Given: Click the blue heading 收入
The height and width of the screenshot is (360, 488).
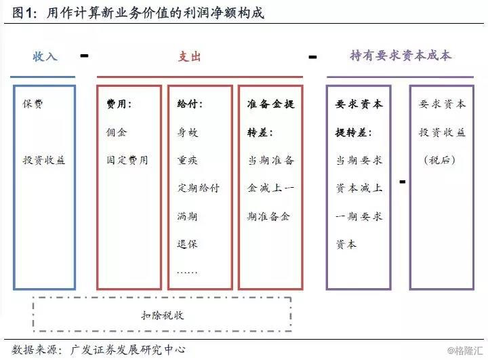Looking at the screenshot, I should point(45,56).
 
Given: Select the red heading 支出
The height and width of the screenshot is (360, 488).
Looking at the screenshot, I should point(190,56).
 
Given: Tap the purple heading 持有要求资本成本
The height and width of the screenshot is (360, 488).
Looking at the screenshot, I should point(401,56).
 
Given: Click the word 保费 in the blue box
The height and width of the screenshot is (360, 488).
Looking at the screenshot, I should point(34,104).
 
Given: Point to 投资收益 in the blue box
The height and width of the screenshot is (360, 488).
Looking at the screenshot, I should point(44,160).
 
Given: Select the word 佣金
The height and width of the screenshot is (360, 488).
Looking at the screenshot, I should point(116,132).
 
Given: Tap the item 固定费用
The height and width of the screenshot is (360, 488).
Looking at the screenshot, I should point(127,160).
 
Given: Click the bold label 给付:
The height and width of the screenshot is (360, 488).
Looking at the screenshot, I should point(190,104).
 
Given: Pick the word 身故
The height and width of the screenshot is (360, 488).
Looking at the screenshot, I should point(188,132).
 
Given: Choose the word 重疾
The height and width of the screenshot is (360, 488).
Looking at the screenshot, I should point(188,160).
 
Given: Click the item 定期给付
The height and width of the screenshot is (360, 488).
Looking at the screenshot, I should point(199,188).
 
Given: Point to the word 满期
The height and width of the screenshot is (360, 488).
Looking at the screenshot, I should point(188,216).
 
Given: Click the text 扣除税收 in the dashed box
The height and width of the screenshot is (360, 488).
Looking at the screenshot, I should point(162,316).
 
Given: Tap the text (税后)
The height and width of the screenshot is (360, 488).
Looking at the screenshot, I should point(442,160).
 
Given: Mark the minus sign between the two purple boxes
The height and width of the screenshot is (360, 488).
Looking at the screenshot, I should point(403,182).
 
